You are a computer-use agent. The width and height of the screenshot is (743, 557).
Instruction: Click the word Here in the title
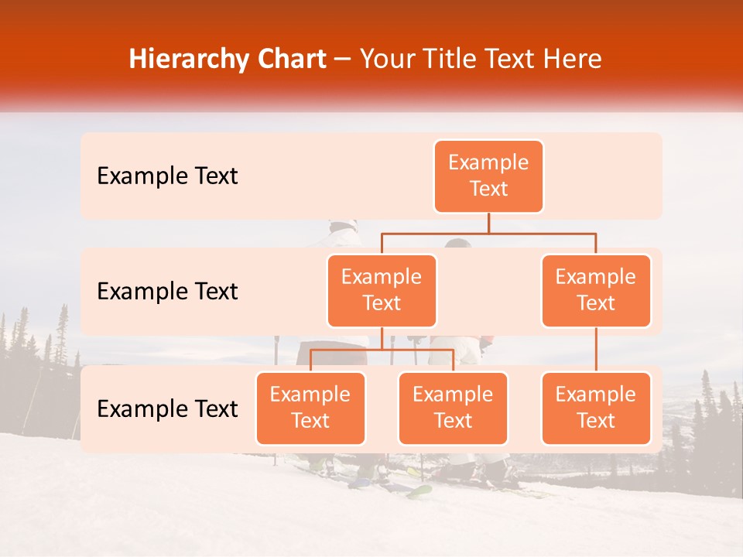573,60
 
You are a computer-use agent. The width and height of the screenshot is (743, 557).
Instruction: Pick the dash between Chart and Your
343,60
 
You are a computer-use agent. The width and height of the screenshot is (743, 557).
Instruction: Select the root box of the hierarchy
488,176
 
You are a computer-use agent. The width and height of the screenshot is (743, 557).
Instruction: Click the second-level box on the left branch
382,291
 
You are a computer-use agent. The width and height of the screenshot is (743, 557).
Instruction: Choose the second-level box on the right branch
596,291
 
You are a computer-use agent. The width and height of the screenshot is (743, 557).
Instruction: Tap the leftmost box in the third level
310,408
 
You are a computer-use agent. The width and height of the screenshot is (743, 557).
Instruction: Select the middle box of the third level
453,408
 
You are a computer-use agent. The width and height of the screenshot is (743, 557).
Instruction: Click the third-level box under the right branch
596,408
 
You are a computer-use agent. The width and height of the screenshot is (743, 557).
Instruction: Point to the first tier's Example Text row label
167,176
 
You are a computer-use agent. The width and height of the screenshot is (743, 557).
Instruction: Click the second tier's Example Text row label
167,292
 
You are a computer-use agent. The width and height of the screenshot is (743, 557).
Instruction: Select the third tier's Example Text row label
167,408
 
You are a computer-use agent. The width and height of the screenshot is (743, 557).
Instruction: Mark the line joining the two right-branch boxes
596,350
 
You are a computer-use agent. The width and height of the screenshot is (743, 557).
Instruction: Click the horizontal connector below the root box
488,233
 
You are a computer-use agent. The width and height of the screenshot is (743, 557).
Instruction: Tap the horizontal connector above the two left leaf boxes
382,350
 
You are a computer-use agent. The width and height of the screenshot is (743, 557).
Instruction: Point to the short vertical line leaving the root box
488,223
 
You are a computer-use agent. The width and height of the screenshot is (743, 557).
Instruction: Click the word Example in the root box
488,162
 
